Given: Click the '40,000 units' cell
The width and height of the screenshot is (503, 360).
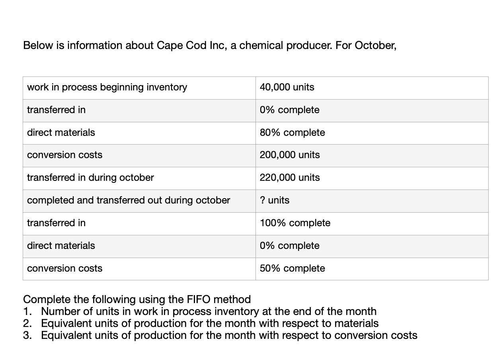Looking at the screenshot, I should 287,87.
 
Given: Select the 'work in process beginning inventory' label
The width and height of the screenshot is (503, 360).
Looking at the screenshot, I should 107,87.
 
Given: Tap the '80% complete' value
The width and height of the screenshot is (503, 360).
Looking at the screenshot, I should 292,133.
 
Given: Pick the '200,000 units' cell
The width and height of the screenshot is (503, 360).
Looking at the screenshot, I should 290,155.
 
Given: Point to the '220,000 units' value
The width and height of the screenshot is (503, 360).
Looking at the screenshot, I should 290,178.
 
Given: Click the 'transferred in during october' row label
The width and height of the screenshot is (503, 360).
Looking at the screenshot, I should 90,178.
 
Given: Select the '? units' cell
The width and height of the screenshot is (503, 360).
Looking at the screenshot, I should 275,200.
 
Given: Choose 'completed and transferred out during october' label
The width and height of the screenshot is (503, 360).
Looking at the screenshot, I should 129,200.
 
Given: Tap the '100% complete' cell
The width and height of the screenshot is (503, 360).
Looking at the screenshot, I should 295,223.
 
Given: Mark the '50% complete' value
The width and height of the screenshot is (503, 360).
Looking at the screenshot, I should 292,268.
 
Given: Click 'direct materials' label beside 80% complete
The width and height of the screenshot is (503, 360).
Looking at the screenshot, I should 61,133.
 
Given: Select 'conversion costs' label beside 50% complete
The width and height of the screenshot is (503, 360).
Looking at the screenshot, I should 64,268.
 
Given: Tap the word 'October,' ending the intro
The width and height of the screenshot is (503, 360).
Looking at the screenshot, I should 375,45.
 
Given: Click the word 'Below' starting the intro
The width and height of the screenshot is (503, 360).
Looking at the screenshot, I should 38,45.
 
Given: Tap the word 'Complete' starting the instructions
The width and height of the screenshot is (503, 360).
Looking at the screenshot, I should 48,299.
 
